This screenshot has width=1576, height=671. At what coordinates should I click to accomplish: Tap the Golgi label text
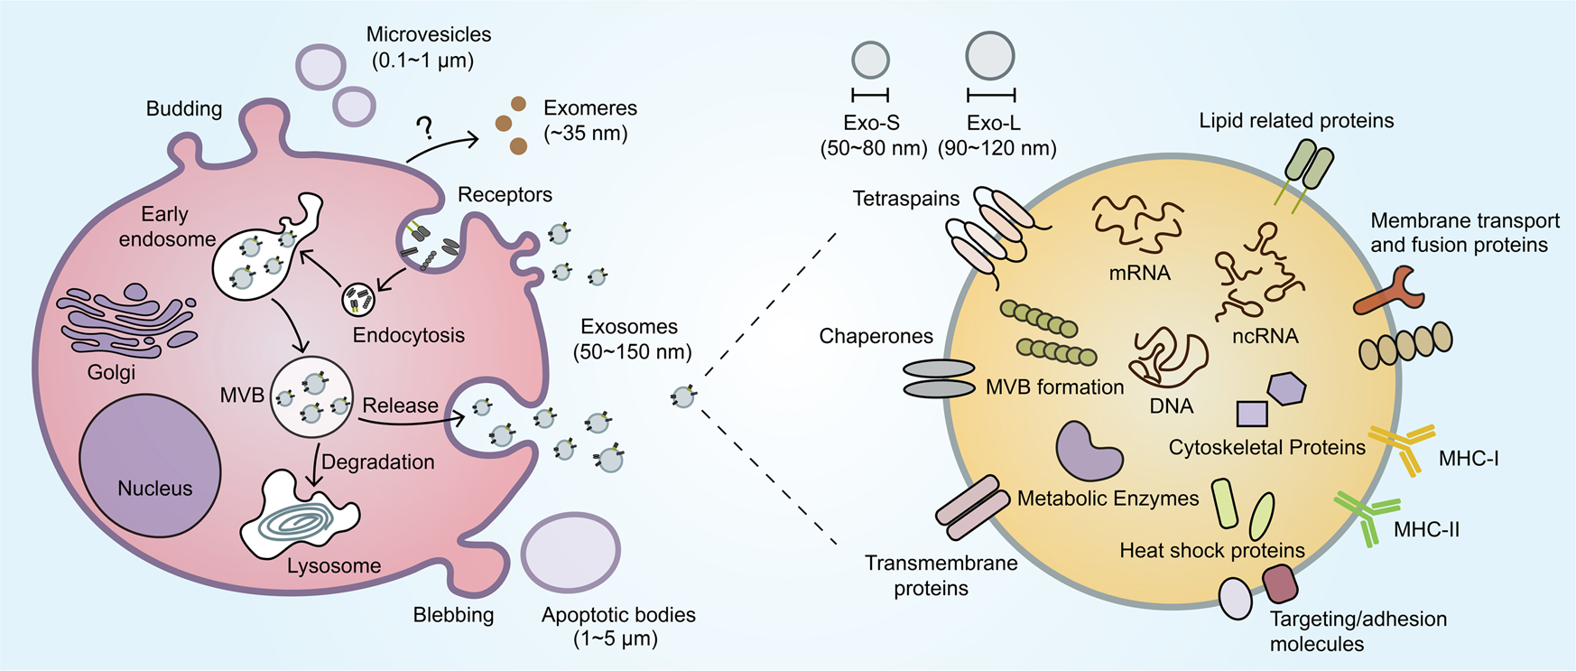[x=111, y=372]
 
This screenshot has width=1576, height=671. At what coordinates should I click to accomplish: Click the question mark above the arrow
[x=423, y=127]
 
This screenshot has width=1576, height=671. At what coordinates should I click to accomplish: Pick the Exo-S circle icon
[x=871, y=60]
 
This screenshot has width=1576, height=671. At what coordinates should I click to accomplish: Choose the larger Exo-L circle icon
[x=990, y=55]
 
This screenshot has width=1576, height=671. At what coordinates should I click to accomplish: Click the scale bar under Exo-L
[x=991, y=94]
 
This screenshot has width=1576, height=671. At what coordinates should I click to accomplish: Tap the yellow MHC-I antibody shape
[x=1400, y=447]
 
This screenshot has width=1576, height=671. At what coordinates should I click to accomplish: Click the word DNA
[x=1171, y=406]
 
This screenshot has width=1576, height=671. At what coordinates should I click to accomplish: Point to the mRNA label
[x=1139, y=273]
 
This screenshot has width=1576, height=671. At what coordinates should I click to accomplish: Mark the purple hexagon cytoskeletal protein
[x=1286, y=388]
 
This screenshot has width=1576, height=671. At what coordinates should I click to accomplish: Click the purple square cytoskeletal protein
[x=1252, y=414]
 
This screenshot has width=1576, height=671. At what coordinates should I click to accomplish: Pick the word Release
[x=400, y=405]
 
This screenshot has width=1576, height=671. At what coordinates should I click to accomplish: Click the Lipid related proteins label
[x=1296, y=121]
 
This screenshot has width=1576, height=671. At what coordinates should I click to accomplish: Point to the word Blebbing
[x=453, y=615]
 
